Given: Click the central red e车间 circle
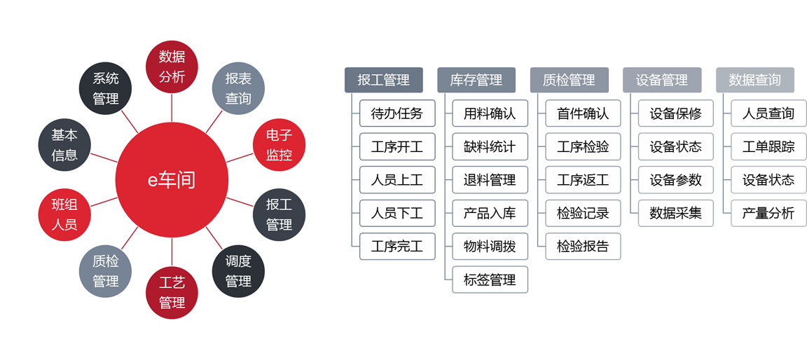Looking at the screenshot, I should click(x=172, y=181).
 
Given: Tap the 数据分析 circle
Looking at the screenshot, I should click(x=172, y=67).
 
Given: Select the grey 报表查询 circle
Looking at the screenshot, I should click(x=238, y=88).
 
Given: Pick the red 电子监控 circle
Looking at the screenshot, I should click(x=279, y=145).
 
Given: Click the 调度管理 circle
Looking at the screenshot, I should click(x=238, y=271).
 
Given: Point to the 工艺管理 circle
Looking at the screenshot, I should click(x=172, y=293).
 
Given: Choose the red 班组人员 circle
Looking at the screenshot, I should click(x=64, y=214).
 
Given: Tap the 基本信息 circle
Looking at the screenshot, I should click(x=64, y=145).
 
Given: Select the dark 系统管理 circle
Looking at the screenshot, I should click(x=106, y=88).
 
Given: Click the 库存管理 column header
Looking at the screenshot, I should click(x=476, y=80).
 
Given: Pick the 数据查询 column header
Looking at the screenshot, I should click(x=754, y=80).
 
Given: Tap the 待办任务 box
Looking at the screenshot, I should click(x=397, y=113).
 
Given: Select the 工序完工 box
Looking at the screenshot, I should click(x=397, y=247).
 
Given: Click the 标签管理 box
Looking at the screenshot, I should click(x=490, y=280).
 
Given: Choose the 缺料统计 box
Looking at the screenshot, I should click(x=490, y=147).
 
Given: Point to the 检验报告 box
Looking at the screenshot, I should click(x=583, y=247).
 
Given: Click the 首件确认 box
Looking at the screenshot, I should click(x=583, y=113).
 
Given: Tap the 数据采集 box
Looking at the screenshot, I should click(x=675, y=213).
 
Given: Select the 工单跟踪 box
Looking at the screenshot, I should click(x=768, y=147).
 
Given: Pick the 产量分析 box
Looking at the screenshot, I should click(x=768, y=213).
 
